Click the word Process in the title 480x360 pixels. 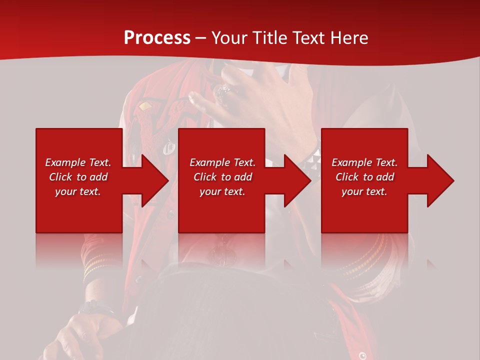[x=157, y=38]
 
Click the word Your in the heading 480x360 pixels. [x=230, y=38]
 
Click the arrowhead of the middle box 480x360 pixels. [x=297, y=180]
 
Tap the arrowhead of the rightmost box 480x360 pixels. [x=440, y=180]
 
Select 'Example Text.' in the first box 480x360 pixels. [x=78, y=162]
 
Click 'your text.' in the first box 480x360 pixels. [x=78, y=191]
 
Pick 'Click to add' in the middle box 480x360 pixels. [x=222, y=177]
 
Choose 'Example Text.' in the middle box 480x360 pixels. [x=222, y=162]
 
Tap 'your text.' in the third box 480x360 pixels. [x=364, y=191]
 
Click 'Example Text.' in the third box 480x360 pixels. [x=364, y=162]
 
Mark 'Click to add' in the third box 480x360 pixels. [x=364, y=177]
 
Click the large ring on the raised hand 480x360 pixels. [x=222, y=92]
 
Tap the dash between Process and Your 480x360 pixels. [x=201, y=38]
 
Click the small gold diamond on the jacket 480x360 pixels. [x=145, y=106]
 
